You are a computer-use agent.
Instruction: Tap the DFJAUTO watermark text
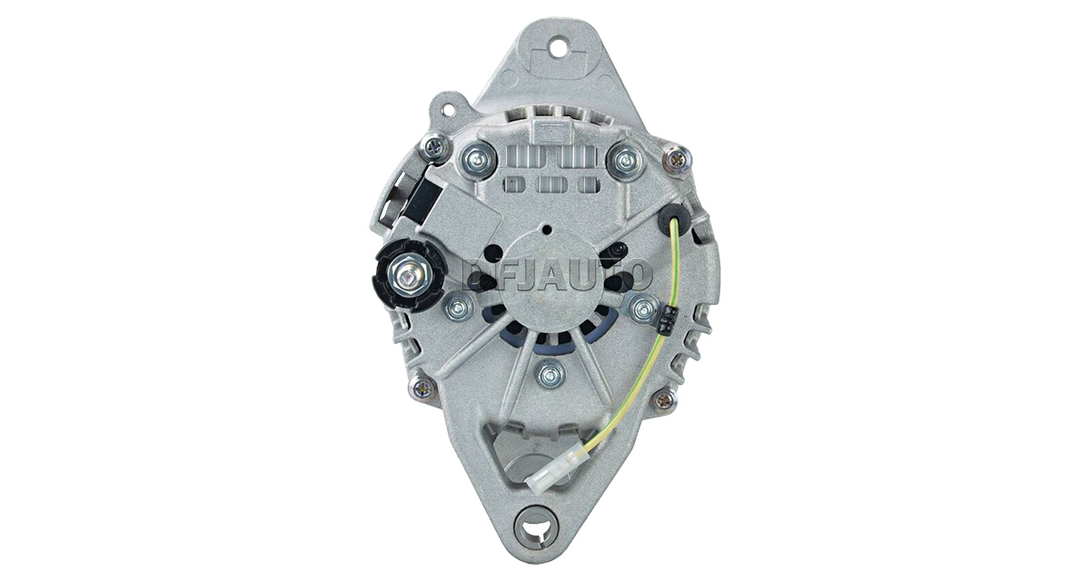coord(556,276)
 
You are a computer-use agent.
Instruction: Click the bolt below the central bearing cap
coord(550,373)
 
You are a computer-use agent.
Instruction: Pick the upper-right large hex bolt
coord(625,157)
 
